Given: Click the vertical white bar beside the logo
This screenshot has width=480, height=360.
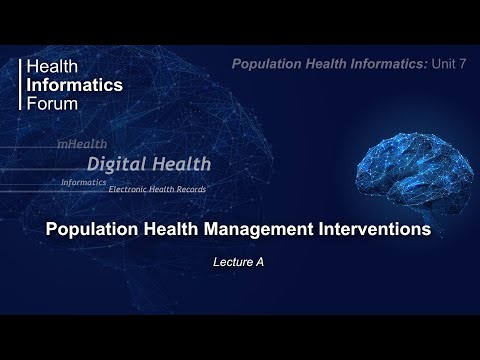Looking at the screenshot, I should coord(22,85).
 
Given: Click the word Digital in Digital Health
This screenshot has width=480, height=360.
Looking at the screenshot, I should coord(118,164).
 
